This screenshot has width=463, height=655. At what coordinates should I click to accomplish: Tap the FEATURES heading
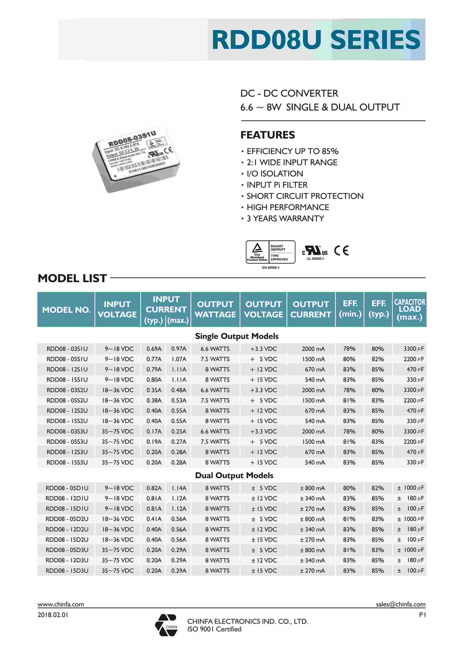[267, 135]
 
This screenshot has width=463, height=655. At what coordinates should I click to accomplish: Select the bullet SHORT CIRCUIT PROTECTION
[305, 196]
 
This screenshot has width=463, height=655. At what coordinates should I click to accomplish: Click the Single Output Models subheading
[237, 336]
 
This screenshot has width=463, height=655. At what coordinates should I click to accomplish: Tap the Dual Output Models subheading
[234, 475]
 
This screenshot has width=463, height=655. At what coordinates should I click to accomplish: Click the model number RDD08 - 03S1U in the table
[67, 349]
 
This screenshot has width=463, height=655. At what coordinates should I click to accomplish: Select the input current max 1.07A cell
[179, 359]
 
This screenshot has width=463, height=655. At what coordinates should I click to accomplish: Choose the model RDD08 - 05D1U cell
[67, 488]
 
